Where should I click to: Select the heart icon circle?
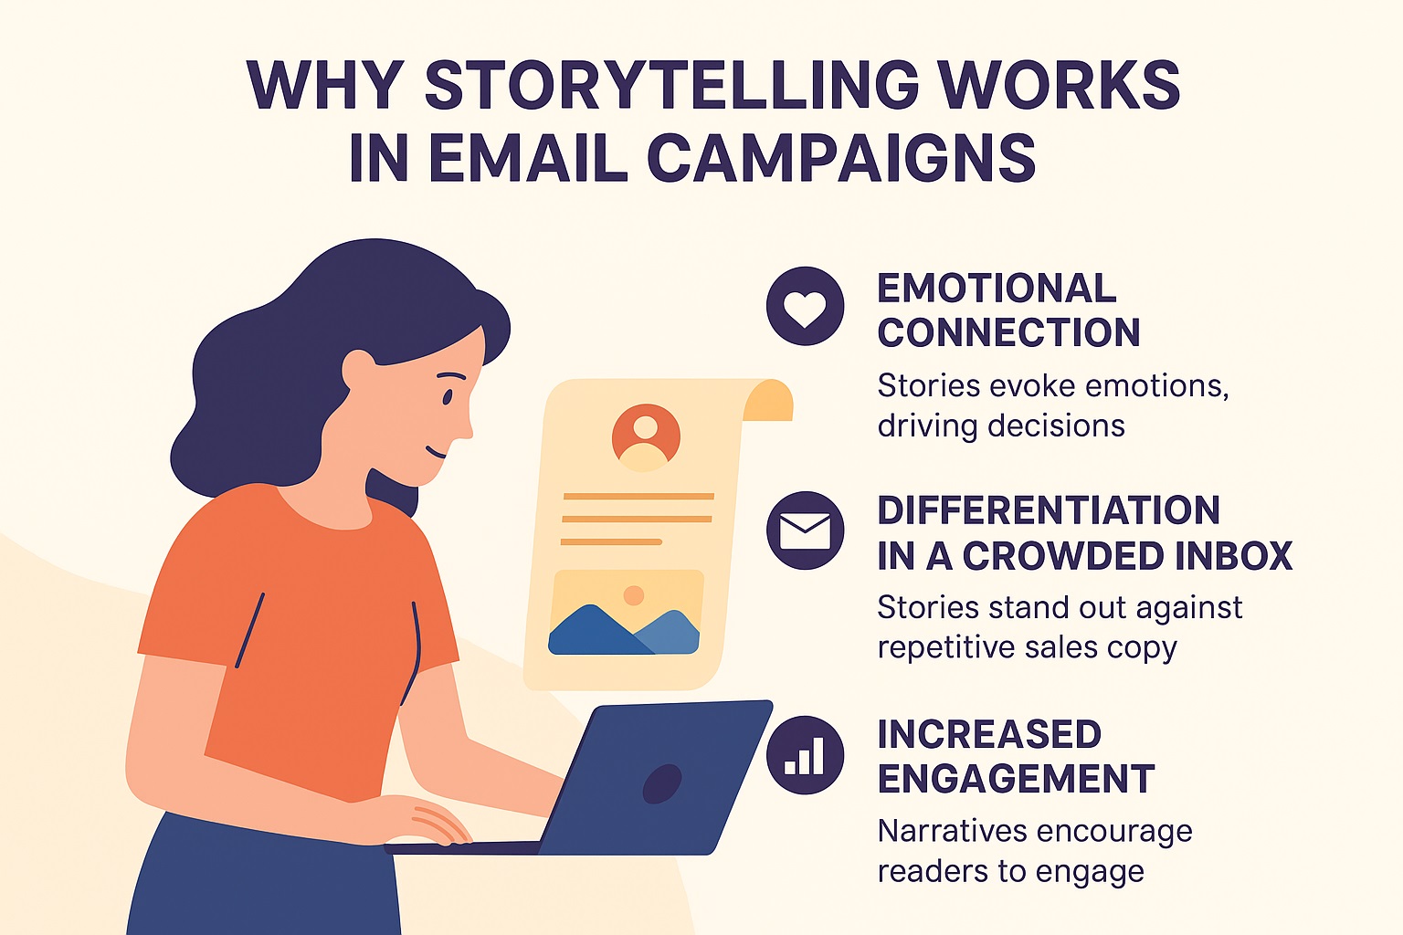[x=806, y=306]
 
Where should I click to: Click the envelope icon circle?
[x=806, y=531]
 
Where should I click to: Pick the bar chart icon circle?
[x=806, y=755]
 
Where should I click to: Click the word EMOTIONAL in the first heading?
[x=997, y=288]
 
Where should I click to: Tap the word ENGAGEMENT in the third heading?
[x=1016, y=779]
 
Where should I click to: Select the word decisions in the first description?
[x=1057, y=425]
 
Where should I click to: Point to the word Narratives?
[x=951, y=832]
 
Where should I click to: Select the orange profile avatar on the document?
[x=646, y=437]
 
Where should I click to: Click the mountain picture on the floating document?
[x=624, y=613]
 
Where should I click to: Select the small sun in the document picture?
[x=634, y=595]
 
